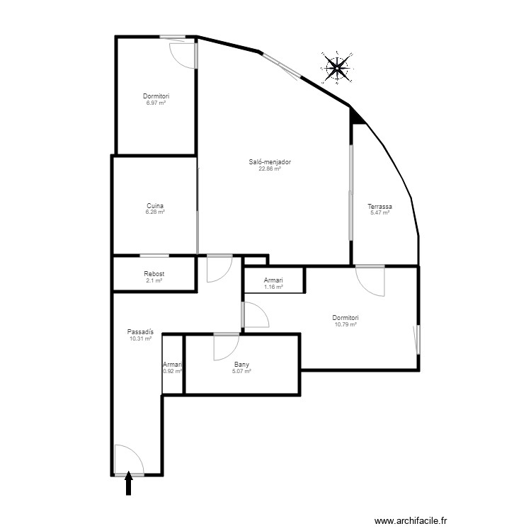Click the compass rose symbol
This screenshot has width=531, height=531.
pyautogui.click(x=337, y=68)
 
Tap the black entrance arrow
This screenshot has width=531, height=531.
pyautogui.click(x=129, y=484)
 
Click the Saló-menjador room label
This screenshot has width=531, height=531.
pyautogui.click(x=270, y=162)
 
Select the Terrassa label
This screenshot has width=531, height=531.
pyautogui.click(x=380, y=207)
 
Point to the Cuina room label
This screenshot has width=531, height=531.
pyautogui.click(x=155, y=206)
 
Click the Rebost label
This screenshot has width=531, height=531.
pyautogui.click(x=154, y=274)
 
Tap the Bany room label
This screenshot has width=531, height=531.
pyautogui.click(x=241, y=365)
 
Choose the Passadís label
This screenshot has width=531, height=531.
pyautogui.click(x=140, y=333)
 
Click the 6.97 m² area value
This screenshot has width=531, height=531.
pyautogui.click(x=155, y=103)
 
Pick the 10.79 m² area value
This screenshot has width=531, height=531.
pyautogui.click(x=346, y=324)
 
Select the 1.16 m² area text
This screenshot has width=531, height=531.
pyautogui.click(x=273, y=287)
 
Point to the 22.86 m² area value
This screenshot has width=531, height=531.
pyautogui.click(x=270, y=169)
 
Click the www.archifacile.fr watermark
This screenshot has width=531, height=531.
pyautogui.click(x=411, y=520)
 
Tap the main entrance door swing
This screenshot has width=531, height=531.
pyautogui.click(x=128, y=459)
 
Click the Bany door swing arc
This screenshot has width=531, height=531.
pyautogui.click(x=226, y=347)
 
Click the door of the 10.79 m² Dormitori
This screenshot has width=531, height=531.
pyautogui.click(x=370, y=280)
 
